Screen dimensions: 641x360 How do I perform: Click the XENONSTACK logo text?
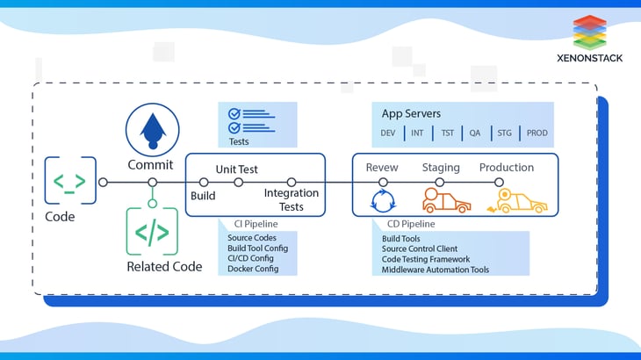(589, 58)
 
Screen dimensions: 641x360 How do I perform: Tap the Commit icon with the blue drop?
(153, 130)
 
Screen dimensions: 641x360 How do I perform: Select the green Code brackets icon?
(70, 180)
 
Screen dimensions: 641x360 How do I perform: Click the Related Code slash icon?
(152, 232)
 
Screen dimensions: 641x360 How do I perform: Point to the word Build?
(203, 196)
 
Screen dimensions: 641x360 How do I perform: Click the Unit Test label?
(237, 169)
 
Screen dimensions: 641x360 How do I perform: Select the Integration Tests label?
(291, 199)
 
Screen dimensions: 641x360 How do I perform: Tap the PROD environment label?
(537, 133)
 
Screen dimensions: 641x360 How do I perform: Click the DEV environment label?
(387, 133)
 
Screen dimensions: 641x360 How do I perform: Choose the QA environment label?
(475, 133)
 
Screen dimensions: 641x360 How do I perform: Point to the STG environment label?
(505, 133)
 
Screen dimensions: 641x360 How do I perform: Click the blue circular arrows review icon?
(383, 201)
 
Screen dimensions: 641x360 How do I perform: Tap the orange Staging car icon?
(446, 200)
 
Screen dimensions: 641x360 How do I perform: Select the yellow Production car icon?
(517, 201)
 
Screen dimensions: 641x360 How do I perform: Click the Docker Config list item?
(253, 269)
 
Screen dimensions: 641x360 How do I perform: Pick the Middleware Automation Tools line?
(436, 270)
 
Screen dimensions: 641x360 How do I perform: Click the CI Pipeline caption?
(256, 224)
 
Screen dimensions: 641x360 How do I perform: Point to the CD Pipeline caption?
(411, 224)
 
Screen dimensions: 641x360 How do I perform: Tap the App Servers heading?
(411, 113)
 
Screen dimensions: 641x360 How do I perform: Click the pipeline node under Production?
(499, 183)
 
